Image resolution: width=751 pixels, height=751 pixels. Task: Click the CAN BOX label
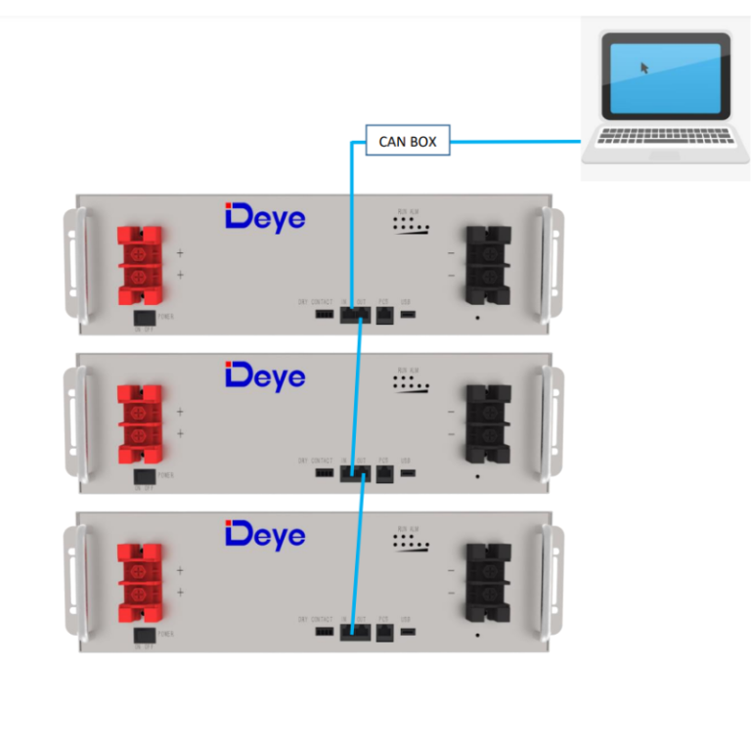[x=408, y=142]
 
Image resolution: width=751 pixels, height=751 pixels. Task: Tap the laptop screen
[x=665, y=78]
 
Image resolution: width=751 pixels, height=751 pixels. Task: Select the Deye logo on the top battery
[x=265, y=217]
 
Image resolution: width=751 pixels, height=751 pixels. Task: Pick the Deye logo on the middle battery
[x=265, y=375]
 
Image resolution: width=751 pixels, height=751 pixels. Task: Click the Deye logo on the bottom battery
[x=265, y=535]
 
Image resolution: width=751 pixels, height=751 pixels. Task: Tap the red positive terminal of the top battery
[x=139, y=265]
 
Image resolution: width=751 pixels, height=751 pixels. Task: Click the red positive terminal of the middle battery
[x=139, y=422]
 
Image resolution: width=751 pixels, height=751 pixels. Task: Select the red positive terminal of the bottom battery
[x=139, y=583]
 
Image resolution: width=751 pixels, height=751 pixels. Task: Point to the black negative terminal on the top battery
[x=487, y=264]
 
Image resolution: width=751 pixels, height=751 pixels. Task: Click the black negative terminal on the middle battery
[x=487, y=422]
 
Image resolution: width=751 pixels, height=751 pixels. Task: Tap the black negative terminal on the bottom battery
[x=487, y=582]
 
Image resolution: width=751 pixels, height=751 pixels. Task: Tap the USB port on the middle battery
[x=407, y=473]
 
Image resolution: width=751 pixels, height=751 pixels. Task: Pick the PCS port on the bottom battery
[x=385, y=632]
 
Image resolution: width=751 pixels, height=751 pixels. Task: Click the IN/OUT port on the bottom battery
[x=356, y=632]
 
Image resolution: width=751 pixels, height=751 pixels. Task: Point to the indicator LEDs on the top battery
[x=410, y=227]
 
